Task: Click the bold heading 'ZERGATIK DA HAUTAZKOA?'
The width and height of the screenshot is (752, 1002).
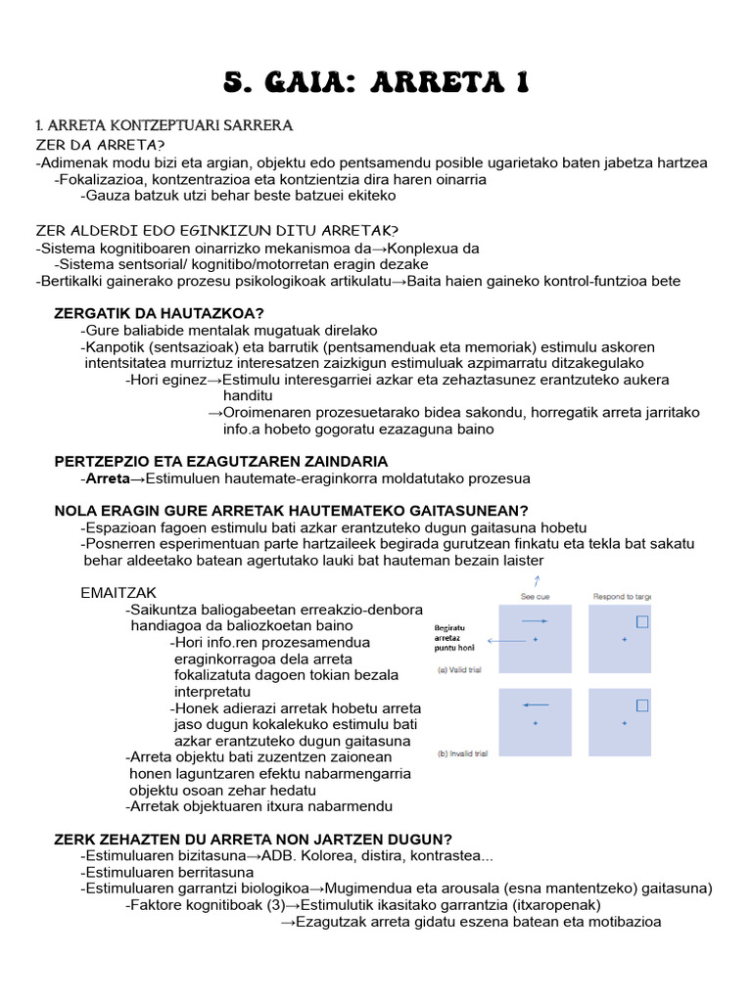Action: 158,313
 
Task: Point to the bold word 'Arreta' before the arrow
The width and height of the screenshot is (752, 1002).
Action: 108,478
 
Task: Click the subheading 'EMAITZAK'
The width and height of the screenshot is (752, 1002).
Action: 117,594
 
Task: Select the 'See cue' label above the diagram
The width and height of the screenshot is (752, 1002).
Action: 535,596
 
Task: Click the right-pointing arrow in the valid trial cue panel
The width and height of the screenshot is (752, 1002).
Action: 535,621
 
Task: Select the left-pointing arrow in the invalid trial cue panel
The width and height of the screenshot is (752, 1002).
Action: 535,705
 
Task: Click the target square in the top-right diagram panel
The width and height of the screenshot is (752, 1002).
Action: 643,621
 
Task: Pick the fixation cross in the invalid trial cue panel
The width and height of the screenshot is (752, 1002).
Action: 535,724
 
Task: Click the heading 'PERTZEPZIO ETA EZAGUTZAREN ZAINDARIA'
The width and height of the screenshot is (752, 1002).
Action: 220,461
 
